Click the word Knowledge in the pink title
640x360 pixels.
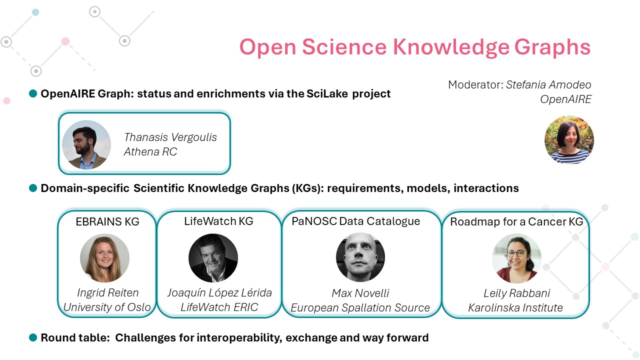tap(451, 47)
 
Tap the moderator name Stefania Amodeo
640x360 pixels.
tap(548, 85)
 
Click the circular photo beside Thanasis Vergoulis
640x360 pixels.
tap(86, 144)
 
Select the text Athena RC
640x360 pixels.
tap(150, 151)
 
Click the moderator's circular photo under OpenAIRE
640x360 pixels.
tap(569, 139)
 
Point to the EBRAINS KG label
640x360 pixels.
tap(107, 221)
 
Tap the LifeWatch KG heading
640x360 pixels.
tap(218, 221)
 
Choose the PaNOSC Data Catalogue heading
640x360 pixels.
tap(355, 221)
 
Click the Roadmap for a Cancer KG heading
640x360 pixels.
tap(516, 221)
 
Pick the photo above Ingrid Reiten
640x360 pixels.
tap(105, 258)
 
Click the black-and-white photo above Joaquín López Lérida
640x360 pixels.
tap(213, 258)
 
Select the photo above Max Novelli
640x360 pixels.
tap(360, 257)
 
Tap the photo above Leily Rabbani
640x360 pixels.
tap(516, 258)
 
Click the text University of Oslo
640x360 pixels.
tap(107, 307)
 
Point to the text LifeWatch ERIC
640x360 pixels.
tap(219, 307)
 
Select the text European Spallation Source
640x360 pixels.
tap(360, 307)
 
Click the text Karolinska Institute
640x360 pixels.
tap(515, 307)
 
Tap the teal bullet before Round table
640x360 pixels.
tap(33, 337)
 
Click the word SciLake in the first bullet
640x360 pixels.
tap(327, 93)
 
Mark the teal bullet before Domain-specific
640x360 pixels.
tap(33, 188)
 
